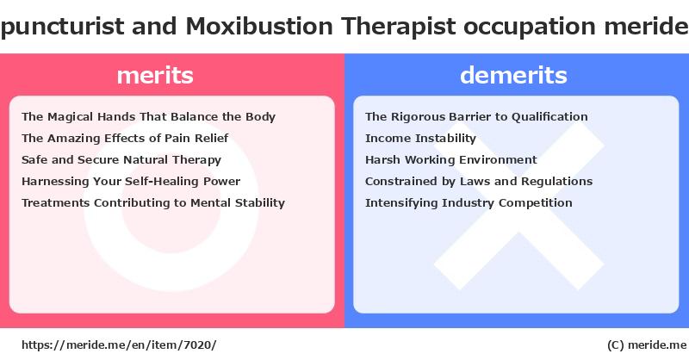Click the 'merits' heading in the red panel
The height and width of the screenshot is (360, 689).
pyautogui.click(x=155, y=75)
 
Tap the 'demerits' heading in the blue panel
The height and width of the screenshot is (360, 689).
pyautogui.click(x=513, y=75)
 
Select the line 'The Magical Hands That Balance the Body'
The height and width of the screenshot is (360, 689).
pyautogui.click(x=148, y=117)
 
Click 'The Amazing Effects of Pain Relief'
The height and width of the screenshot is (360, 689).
pyautogui.click(x=125, y=139)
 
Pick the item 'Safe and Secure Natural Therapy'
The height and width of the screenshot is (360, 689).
pyautogui.click(x=121, y=160)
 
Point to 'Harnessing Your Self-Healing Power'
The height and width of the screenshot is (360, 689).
pyautogui.click(x=131, y=182)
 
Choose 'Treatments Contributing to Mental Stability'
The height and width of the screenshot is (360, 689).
pyautogui.click(x=153, y=203)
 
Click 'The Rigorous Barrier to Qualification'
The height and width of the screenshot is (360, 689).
pyautogui.click(x=476, y=117)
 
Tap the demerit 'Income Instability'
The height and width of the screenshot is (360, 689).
pyautogui.click(x=420, y=139)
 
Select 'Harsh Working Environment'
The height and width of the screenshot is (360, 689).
pyautogui.click(x=450, y=160)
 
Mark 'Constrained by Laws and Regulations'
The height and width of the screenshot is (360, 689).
pyautogui.click(x=479, y=182)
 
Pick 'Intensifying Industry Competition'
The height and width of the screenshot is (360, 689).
pyautogui.click(x=469, y=203)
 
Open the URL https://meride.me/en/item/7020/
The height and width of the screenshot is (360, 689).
pyautogui.click(x=119, y=345)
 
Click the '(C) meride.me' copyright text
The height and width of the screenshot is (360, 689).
pyautogui.click(x=647, y=345)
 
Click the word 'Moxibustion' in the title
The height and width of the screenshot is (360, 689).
pyautogui.click(x=259, y=26)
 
